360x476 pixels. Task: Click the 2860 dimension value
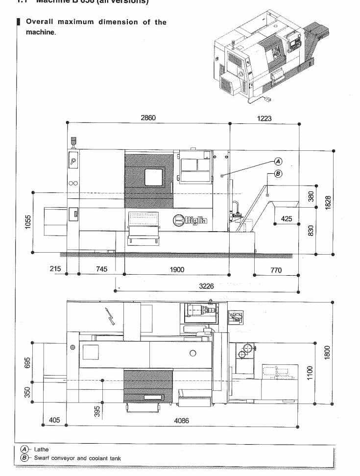coord(148,118)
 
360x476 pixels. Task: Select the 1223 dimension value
coord(264,118)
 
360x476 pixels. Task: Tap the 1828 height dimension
coord(329,202)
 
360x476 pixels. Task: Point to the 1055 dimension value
coord(28,222)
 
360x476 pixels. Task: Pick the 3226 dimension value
coord(206,286)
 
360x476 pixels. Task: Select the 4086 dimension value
coord(182,420)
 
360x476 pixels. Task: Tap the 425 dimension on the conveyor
coord(287,218)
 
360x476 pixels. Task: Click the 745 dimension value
coord(101,269)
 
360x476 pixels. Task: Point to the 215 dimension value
coord(55,268)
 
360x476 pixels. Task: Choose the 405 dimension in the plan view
coord(54,420)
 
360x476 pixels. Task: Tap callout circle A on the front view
coord(278,161)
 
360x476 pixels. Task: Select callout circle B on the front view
coord(278,173)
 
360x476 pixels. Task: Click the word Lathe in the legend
coord(41,449)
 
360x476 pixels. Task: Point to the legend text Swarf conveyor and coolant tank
coord(77,458)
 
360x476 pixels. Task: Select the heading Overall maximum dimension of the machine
coord(96,27)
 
